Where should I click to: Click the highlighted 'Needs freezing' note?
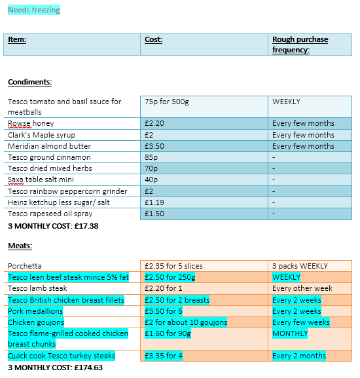tap(33, 10)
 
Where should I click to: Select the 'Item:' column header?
tap(17, 39)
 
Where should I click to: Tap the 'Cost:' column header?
tap(153, 39)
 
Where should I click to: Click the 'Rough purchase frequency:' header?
tap(300, 45)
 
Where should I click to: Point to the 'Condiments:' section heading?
tap(29, 82)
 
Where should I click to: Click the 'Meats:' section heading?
tap(20, 246)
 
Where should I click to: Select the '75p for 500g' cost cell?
tap(167, 102)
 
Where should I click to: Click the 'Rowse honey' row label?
tap(31, 123)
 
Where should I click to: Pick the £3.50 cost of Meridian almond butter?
tap(156, 146)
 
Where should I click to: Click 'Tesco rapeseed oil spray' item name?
tap(50, 214)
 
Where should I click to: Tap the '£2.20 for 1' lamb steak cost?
tap(164, 288)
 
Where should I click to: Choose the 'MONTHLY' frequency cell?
tap(289, 333)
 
